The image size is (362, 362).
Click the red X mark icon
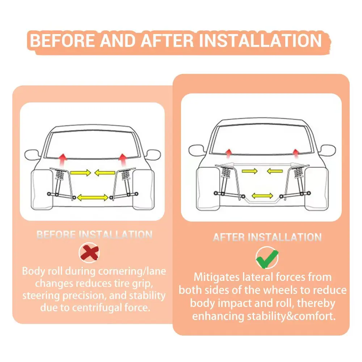pyautogui.click(x=89, y=253)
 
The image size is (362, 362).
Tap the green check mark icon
pyautogui.click(x=267, y=258)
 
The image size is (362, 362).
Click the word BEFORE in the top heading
pyautogui.click(x=62, y=41)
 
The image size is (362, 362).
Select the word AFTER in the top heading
pyautogui.click(x=167, y=41)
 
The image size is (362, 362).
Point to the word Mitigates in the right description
pyautogui.click(x=216, y=277)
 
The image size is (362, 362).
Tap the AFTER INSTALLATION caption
pyautogui.click(x=267, y=237)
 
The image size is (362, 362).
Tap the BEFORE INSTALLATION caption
pyautogui.click(x=94, y=235)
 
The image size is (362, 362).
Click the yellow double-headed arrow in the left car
pyautogui.click(x=93, y=198)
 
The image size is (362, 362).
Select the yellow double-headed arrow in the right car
pyautogui.click(x=262, y=196)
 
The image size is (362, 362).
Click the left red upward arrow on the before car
pyautogui.click(x=62, y=160)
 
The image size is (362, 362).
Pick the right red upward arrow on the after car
pyautogui.click(x=295, y=154)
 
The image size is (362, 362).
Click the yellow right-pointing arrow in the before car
pyautogui.click(x=81, y=173)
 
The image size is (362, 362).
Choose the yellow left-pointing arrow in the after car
pyautogui.click(x=275, y=171)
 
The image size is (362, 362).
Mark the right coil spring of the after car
pyautogui.click(x=298, y=173)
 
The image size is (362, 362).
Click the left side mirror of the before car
pyautogui.click(x=32, y=155)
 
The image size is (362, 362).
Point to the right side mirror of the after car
pyautogui.click(x=328, y=150)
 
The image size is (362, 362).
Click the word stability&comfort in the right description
pyautogui.click(x=291, y=316)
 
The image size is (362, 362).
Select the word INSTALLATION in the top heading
pyautogui.click(x=260, y=41)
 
